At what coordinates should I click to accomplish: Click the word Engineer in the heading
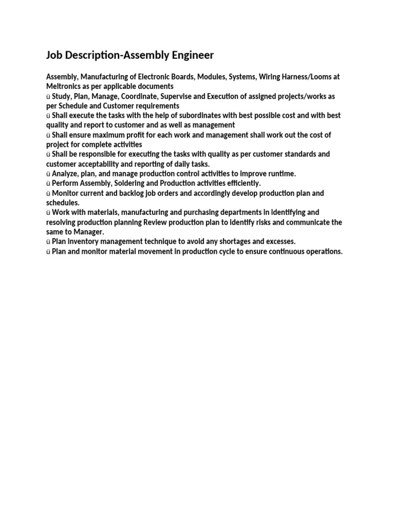click(191, 55)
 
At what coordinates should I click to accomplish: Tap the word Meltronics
click(64, 86)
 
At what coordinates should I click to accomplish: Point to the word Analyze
click(65, 174)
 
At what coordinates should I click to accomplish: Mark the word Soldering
click(120, 183)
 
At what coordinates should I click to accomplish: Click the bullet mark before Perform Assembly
click(48, 184)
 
